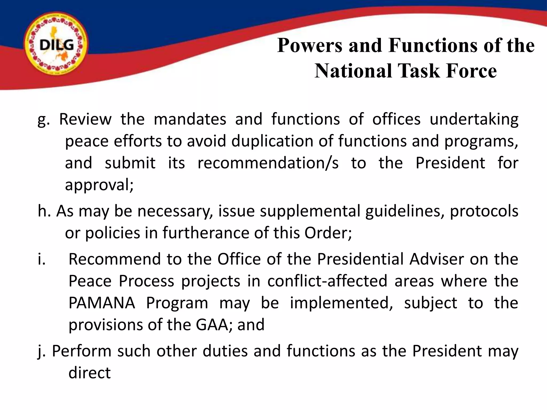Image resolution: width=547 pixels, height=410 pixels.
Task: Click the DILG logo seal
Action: [x=56, y=45]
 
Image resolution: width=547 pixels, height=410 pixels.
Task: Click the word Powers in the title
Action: [x=310, y=45]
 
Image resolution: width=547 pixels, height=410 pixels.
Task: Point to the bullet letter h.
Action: [x=44, y=211]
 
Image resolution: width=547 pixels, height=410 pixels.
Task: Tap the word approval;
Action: [x=99, y=185]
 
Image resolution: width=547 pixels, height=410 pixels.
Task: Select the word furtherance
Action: [x=206, y=233]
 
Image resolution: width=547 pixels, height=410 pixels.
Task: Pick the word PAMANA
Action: [x=102, y=303]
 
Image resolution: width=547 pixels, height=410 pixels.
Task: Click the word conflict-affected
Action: [x=327, y=281]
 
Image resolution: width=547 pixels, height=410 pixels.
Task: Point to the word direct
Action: [x=89, y=373]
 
